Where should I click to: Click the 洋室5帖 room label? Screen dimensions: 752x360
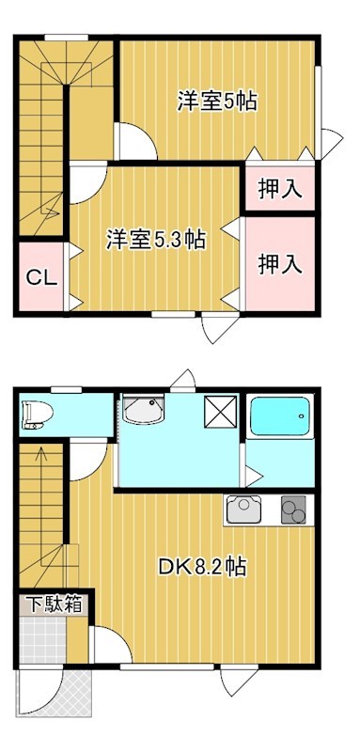point(217,101)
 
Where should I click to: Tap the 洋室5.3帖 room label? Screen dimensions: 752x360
point(156,239)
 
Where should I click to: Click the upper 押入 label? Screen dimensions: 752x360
point(280,188)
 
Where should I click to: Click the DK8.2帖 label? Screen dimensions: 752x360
point(202,566)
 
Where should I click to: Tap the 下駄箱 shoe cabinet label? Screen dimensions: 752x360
point(53,603)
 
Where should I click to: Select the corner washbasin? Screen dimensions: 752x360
point(143,411)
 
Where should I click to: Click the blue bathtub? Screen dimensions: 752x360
point(280,415)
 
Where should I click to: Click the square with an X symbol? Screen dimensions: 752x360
point(222,411)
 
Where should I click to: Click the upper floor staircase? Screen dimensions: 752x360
point(42,132)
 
